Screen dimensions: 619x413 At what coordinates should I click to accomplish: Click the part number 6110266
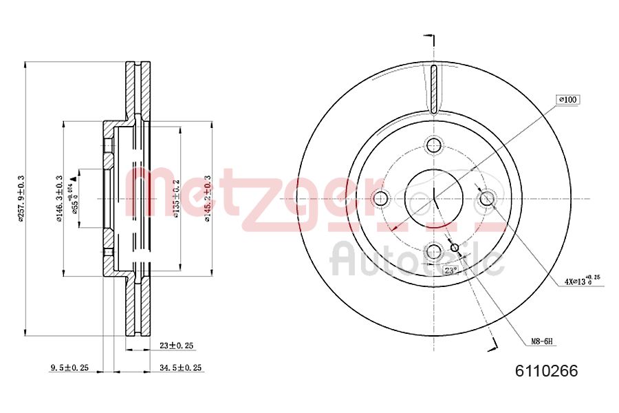(547, 371)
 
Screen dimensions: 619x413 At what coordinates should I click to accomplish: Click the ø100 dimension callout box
(568, 100)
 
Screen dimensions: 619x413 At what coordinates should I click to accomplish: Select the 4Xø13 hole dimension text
(580, 280)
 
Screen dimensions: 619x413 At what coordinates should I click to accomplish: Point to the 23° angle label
(450, 270)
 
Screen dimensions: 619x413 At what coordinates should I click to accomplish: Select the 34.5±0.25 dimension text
(180, 368)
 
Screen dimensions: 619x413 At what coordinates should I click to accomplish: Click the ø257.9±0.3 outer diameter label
(21, 198)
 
